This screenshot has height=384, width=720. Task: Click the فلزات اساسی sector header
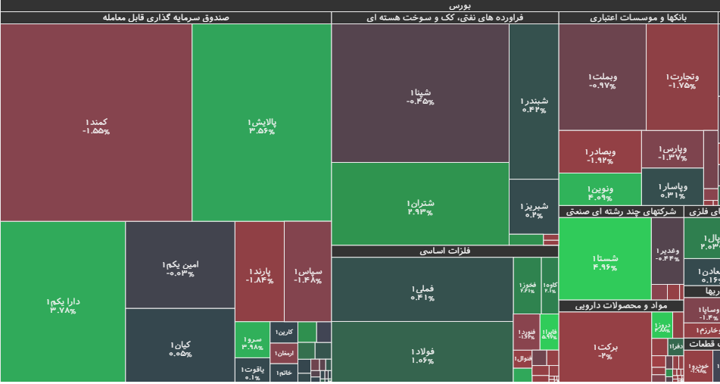(x=444, y=251)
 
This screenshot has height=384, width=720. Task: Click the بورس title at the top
(x=360, y=5)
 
